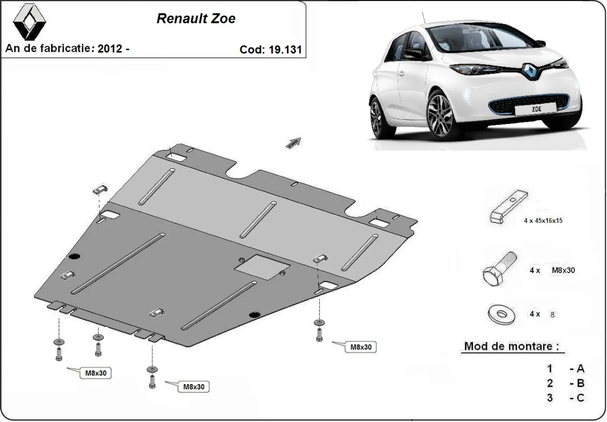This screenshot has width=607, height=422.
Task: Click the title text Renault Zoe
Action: point(196,19)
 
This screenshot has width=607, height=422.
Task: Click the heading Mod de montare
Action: point(512,347)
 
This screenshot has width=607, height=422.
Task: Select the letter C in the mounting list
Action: point(580,398)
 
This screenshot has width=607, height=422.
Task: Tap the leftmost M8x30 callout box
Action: point(95,373)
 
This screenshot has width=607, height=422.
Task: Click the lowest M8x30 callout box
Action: point(193,387)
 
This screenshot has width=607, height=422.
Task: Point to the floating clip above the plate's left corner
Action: point(100,190)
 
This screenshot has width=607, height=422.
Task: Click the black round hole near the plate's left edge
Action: point(75,255)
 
